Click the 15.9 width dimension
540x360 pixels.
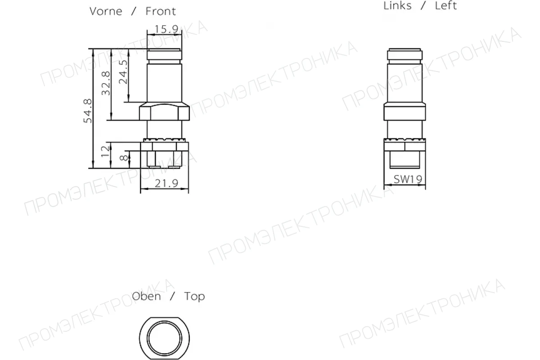pos(166,29)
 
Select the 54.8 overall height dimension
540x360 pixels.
pos(87,111)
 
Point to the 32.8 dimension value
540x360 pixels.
pos(106,83)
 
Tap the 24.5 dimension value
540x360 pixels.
pos(123,72)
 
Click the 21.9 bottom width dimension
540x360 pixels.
pos(166,184)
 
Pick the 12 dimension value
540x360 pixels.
pos(105,152)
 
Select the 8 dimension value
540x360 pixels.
pos(124,158)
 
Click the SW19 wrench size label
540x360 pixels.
pos(408,179)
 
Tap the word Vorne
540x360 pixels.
pos(106,11)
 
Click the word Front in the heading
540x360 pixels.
pos(161,11)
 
